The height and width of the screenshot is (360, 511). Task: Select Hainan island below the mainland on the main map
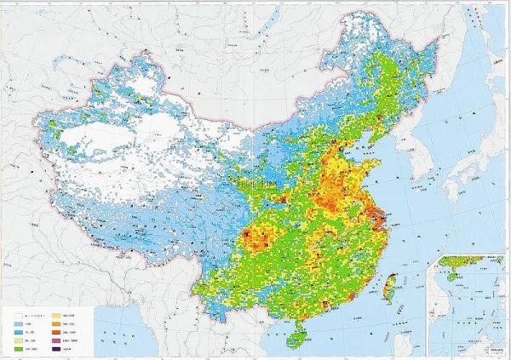click(296, 340)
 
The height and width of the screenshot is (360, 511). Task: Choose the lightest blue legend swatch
click(19, 324)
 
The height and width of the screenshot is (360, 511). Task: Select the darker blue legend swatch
click(19, 331)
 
